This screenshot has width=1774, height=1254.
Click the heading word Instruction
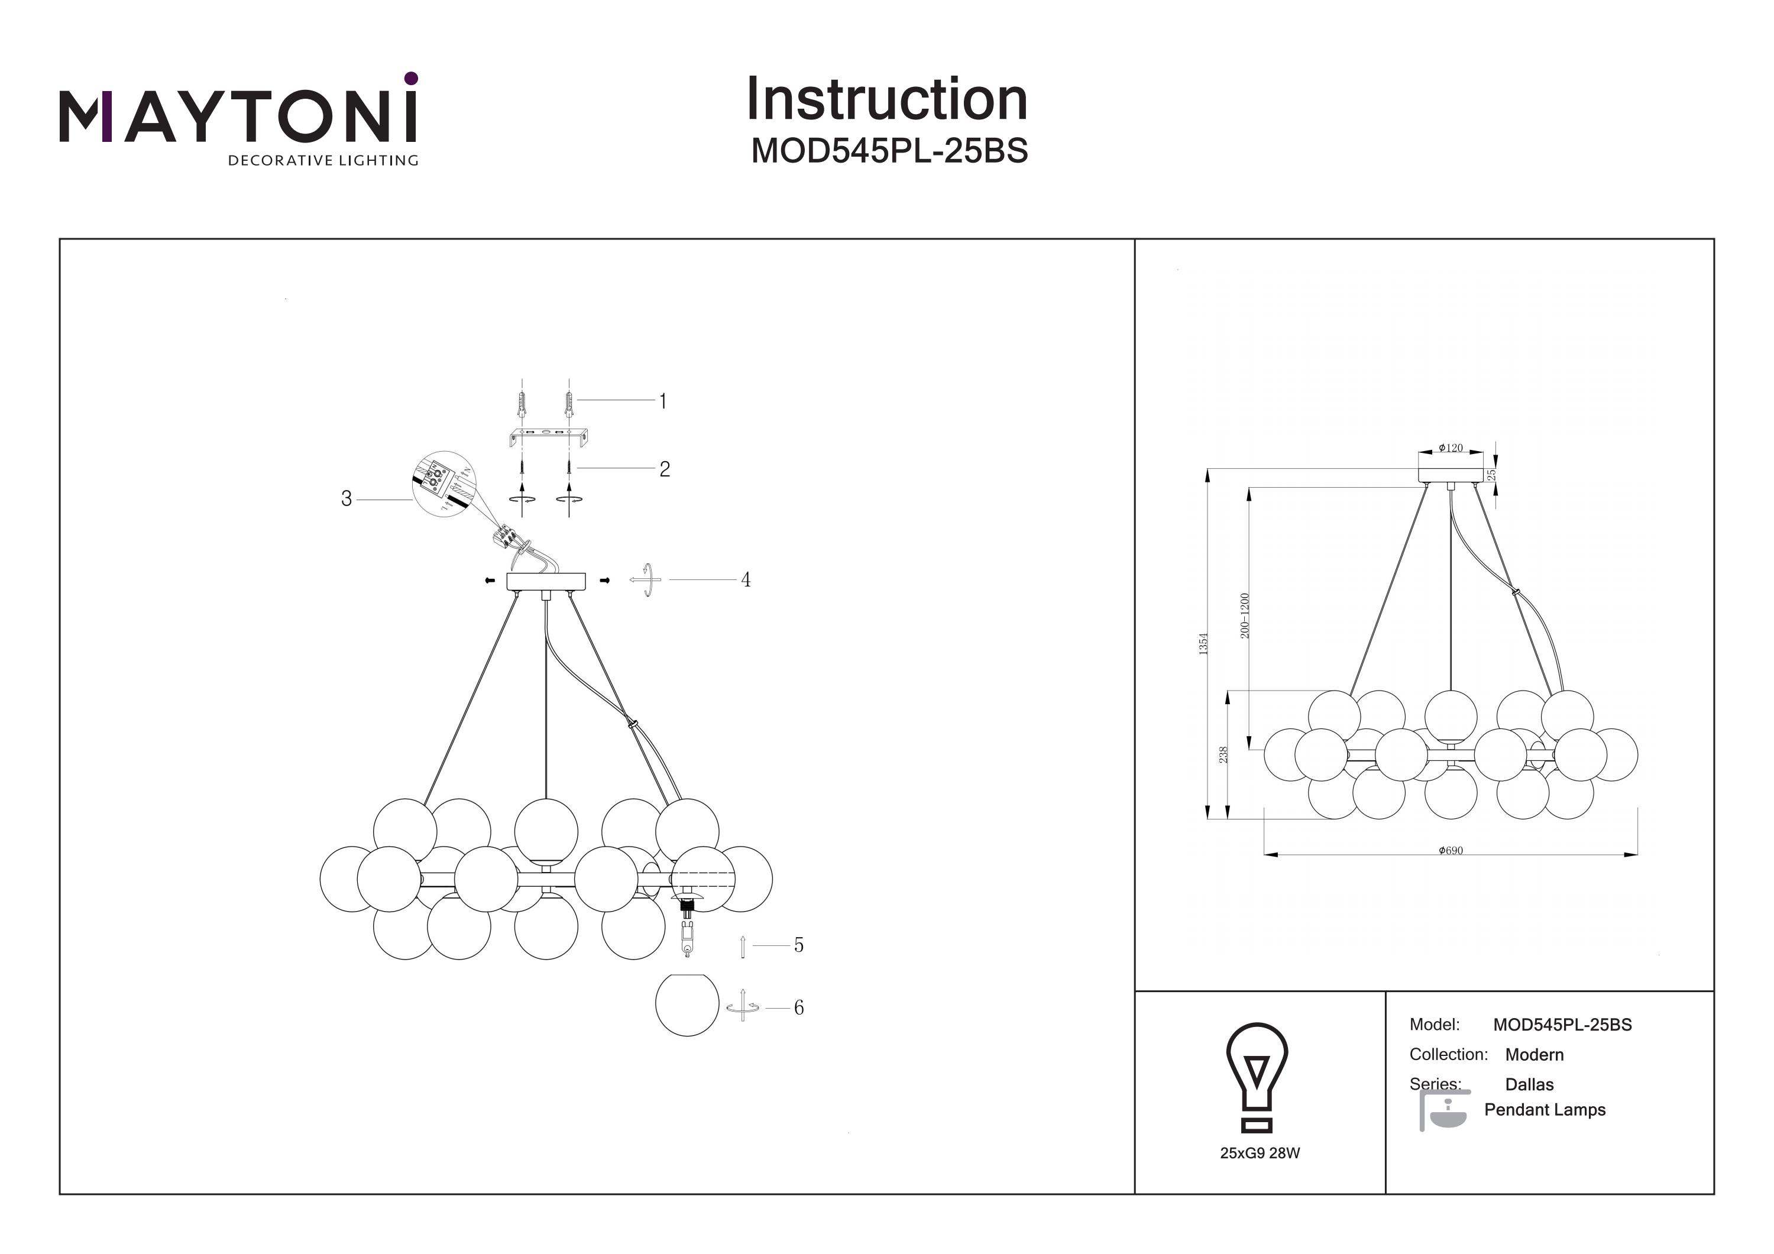886,100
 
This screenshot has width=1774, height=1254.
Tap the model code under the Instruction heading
889,151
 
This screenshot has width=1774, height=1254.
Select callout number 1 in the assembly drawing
662,401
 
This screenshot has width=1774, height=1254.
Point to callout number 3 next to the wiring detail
346,499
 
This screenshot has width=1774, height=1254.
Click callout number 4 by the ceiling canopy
746,579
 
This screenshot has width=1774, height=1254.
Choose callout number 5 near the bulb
799,945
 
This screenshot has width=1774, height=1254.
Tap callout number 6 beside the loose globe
799,1007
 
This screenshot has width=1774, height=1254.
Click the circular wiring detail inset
444,484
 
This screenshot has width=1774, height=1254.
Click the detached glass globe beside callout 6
687,1005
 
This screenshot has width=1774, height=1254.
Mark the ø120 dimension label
1451,448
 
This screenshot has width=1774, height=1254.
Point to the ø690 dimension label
1451,851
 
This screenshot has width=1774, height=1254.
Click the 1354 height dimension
1203,644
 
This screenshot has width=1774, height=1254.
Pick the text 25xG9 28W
1260,1153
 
